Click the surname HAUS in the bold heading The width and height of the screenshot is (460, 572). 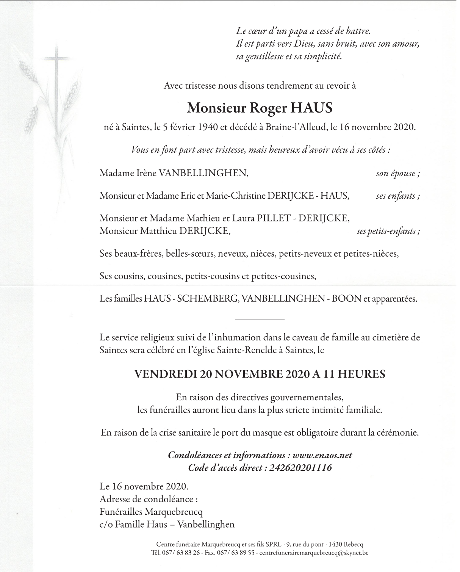[x=311, y=108]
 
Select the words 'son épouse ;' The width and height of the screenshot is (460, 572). [x=397, y=174]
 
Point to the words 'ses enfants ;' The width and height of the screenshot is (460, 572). [x=397, y=196]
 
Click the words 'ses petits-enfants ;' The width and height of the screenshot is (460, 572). [x=388, y=231]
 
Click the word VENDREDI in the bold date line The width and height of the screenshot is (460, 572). [x=165, y=375]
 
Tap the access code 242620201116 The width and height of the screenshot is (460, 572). [x=300, y=468]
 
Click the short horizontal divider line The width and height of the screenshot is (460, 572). [x=260, y=320]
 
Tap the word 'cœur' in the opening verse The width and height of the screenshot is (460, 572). [x=263, y=31]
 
